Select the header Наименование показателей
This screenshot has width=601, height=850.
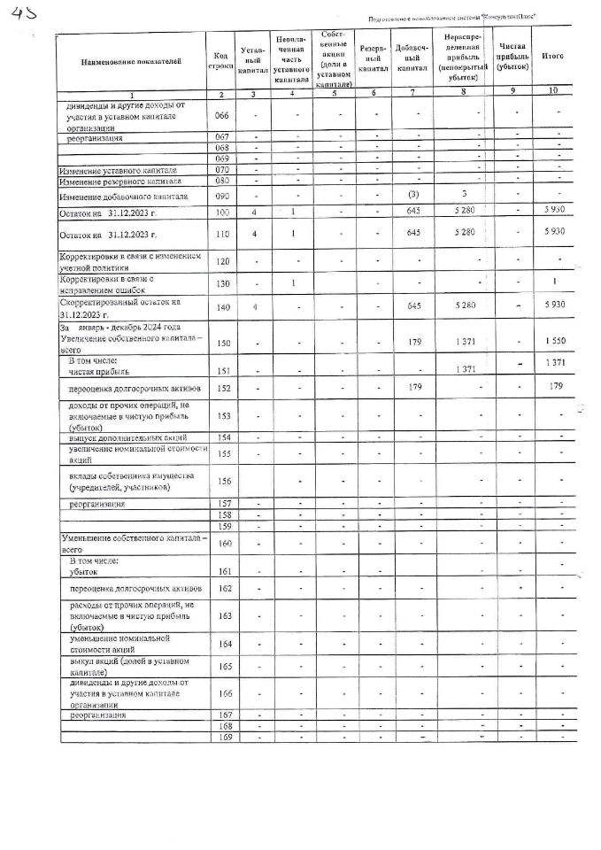pyautogui.click(x=130, y=61)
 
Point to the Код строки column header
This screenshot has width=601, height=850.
pyautogui.click(x=221, y=61)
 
